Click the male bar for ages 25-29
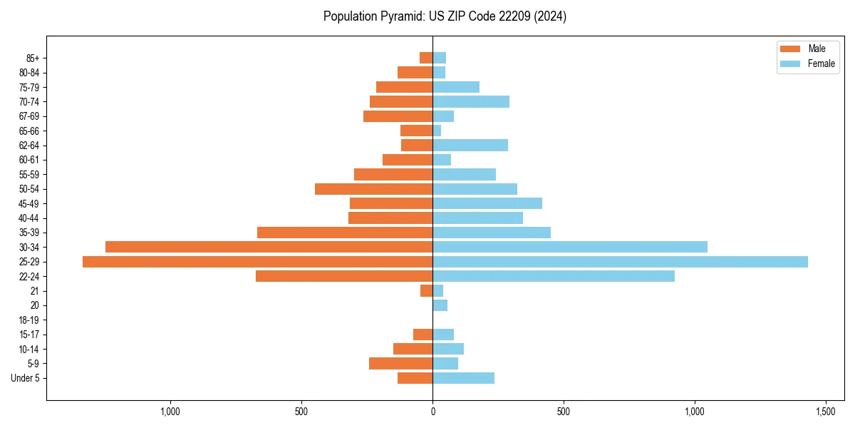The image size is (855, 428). (257, 262)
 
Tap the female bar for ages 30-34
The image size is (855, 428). (570, 247)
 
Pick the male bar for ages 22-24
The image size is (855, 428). (344, 276)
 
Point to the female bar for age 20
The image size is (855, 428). (440, 305)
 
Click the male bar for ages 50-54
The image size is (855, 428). (373, 189)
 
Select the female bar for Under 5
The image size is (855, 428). (463, 378)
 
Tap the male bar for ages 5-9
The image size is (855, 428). (400, 364)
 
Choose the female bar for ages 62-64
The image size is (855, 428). (470, 146)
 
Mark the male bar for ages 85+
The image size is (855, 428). (426, 58)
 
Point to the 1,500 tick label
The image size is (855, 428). (826, 412)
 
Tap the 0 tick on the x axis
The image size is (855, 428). (432, 412)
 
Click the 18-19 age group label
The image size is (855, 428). (28, 320)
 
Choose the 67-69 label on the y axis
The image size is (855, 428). (28, 116)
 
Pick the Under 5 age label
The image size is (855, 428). (26, 378)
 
